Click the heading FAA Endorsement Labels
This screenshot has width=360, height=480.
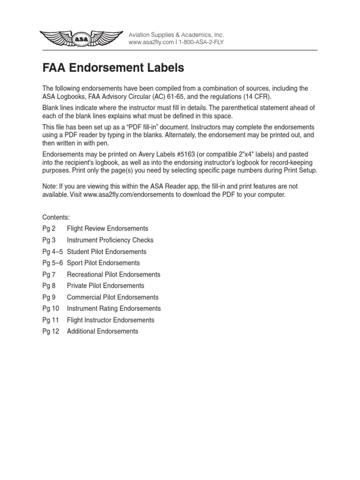[x=113, y=68]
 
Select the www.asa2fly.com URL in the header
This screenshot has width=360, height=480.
[x=149, y=43]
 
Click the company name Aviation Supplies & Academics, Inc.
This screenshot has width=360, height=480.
[x=176, y=35]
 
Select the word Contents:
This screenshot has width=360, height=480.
[x=56, y=217]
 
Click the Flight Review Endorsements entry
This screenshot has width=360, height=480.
[x=107, y=229]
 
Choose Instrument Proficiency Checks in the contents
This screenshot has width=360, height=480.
[x=110, y=240]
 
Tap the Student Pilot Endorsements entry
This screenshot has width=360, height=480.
[x=106, y=252]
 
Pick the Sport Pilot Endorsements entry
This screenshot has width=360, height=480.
[x=103, y=263]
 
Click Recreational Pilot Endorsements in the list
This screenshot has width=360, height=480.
[x=113, y=274]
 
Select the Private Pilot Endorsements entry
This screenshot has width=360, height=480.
[x=105, y=285]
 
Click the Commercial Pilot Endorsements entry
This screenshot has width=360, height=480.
[x=112, y=297]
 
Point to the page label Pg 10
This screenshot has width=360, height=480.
[x=51, y=308]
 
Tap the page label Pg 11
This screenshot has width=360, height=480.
[x=51, y=320]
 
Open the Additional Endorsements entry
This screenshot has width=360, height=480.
[x=103, y=331]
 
